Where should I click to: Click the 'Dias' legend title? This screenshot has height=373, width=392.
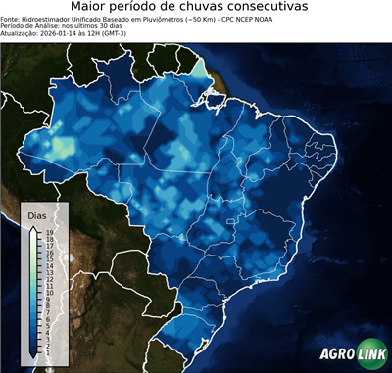pos(37,214)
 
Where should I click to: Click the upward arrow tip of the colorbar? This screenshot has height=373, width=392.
pos(34,226)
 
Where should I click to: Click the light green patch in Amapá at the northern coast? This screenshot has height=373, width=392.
pos(201,69)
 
